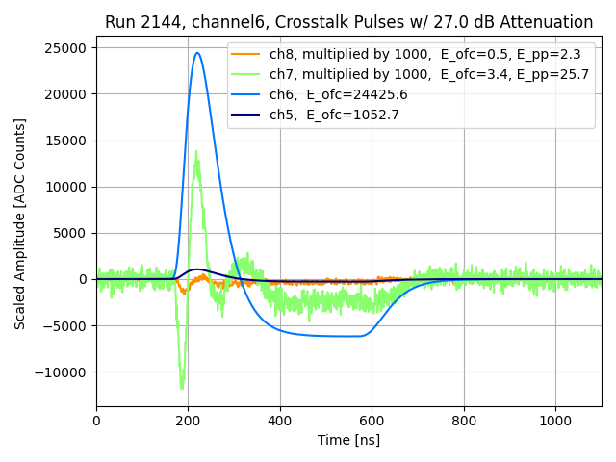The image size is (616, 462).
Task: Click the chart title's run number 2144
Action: pos(159,22)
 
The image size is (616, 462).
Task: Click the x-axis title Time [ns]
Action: pos(348,440)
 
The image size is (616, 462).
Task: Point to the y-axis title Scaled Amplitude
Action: pos(20,223)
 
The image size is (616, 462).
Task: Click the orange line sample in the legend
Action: pos(247,55)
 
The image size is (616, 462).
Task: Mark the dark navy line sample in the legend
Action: pos(247,115)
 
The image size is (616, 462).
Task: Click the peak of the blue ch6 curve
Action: pos(197,53)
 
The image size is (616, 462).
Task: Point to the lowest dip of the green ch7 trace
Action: pos(182,389)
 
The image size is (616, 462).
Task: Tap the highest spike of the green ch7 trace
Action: pos(196,150)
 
